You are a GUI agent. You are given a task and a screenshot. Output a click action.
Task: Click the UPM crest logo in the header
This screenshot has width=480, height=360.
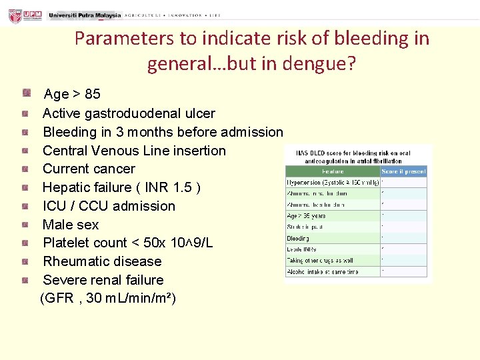point(14,15)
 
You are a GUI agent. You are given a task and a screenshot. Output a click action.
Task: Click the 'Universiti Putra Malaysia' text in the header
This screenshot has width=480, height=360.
point(85,15)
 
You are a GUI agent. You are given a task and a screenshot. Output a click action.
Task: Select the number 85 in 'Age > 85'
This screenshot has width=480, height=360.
point(93,95)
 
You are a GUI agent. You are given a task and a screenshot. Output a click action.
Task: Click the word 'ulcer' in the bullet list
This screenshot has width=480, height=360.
point(198,113)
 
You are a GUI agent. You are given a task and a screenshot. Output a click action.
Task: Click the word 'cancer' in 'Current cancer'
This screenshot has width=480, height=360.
point(116,169)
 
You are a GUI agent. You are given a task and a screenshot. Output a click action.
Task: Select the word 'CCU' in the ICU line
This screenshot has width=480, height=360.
point(89,206)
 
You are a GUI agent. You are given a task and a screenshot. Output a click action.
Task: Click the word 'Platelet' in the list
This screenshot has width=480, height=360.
point(67,243)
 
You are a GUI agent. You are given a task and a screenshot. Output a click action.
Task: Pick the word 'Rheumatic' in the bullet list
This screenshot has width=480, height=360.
point(73,261)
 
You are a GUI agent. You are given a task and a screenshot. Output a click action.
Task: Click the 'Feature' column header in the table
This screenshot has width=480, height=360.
point(332,171)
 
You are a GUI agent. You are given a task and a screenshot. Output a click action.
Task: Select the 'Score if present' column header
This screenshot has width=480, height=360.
point(403,171)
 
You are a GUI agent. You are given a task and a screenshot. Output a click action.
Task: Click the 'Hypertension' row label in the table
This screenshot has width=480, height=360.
point(307,183)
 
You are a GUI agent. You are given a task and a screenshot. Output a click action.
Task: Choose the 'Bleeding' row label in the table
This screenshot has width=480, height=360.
point(298,238)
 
